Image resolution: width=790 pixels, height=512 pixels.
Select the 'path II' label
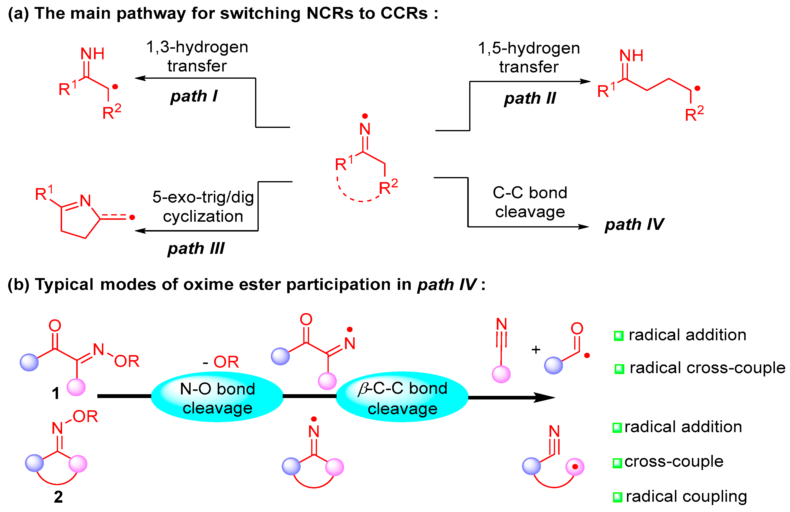click(x=529, y=98)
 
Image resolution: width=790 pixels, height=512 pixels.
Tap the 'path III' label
click(x=196, y=249)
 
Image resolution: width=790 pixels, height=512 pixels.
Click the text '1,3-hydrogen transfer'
click(x=197, y=56)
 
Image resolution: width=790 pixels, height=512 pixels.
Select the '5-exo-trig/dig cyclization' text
click(x=203, y=206)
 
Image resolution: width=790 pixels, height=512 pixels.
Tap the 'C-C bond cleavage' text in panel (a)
click(x=530, y=202)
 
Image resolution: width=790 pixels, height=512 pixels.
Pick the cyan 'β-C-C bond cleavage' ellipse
click(x=402, y=397)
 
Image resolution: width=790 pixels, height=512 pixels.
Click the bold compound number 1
click(x=55, y=394)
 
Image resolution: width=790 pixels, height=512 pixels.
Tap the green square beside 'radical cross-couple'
click(x=619, y=369)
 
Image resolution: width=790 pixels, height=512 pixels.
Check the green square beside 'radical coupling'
click(x=617, y=497)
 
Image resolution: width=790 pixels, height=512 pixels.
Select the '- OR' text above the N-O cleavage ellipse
click(x=221, y=362)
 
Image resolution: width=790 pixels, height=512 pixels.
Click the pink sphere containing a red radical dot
click(x=574, y=467)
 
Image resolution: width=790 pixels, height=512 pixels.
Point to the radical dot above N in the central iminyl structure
click(x=365, y=116)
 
